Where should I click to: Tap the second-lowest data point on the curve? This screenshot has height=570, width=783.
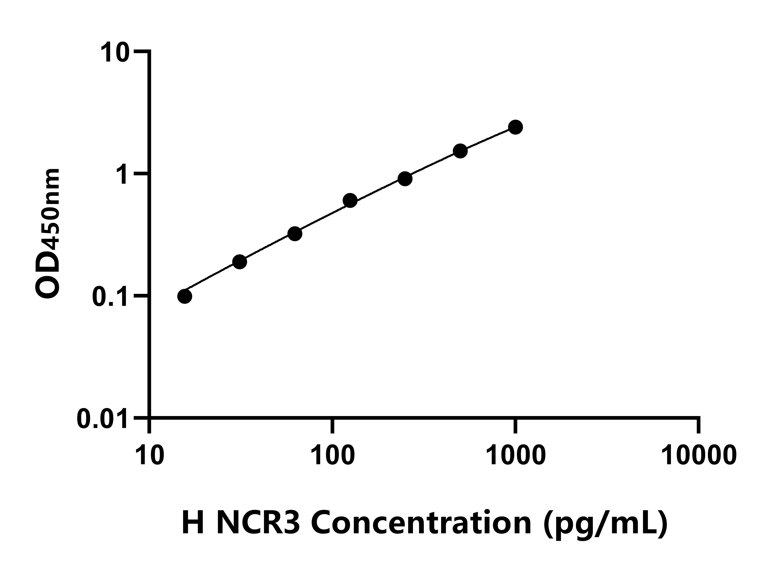pos(240,262)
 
